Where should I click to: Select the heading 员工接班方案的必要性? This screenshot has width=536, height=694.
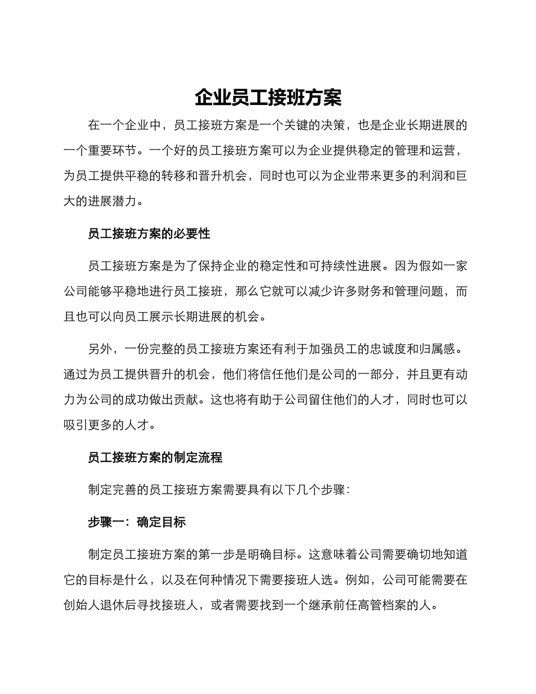149,234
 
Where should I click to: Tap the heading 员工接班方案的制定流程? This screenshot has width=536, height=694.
155,458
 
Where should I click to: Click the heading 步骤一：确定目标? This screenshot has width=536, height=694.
137,522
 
